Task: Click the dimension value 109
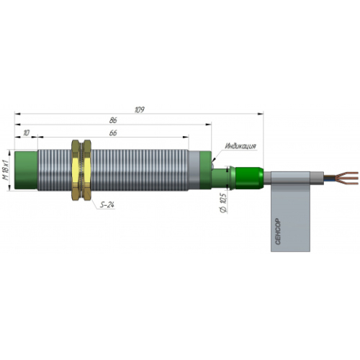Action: pos(140,109)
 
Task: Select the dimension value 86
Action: pos(113,120)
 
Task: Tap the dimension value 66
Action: pos(113,132)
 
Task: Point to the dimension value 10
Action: pos(27,132)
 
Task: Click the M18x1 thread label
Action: pos(6,170)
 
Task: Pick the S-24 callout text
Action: pos(107,204)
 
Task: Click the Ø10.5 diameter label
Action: pos(223,203)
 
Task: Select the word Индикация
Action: pos(240,145)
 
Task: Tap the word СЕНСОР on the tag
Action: pos(278,232)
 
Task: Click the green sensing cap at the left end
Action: pos(26,170)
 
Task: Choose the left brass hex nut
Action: pos(76,170)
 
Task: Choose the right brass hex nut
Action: pos(87,170)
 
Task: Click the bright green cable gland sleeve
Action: pos(249,178)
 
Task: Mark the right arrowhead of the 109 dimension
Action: pos(261,113)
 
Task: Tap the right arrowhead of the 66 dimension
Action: pos(186,137)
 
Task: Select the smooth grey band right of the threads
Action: pos(194,170)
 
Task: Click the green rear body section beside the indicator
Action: pos(205,170)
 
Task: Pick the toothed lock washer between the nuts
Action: pos(82,170)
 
